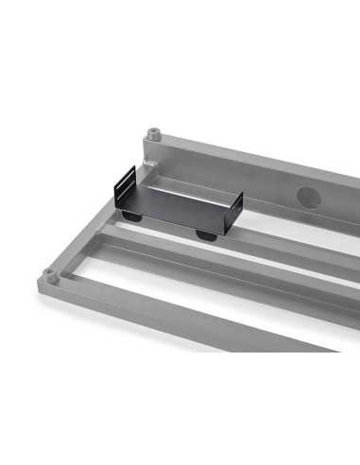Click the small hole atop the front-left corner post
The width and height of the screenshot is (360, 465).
point(49,271)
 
